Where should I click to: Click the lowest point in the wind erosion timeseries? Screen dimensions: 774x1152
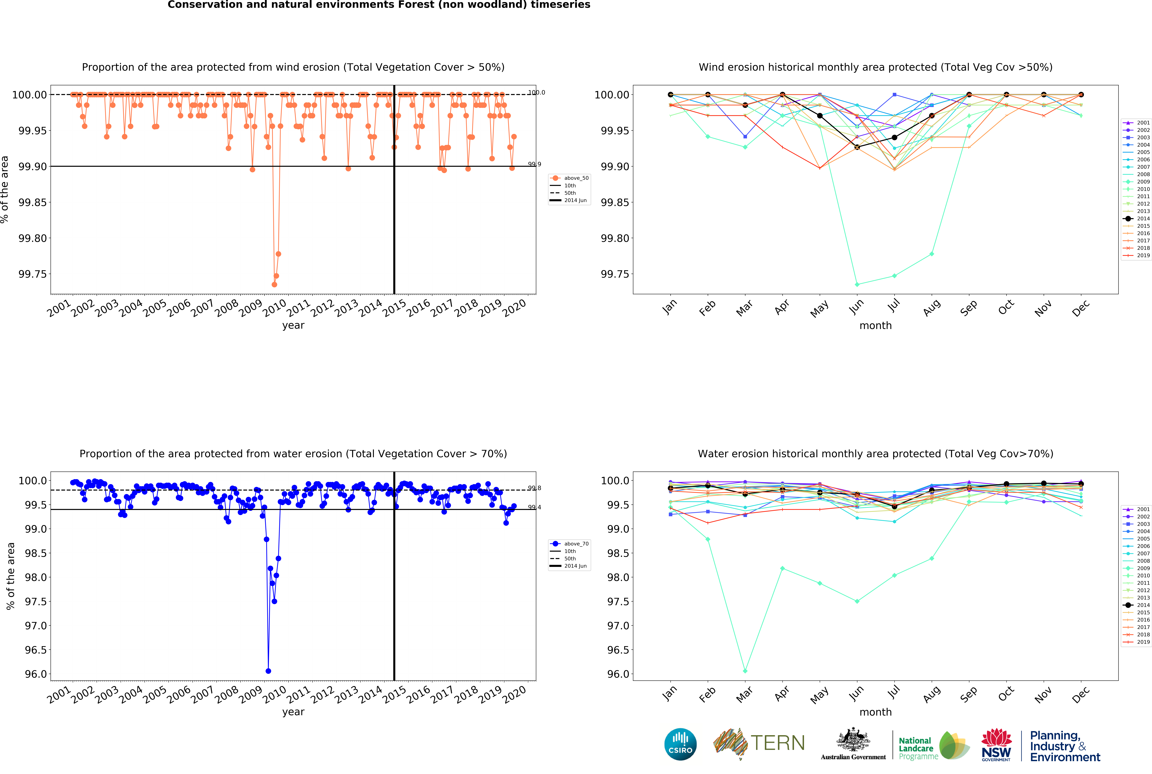[x=274, y=284]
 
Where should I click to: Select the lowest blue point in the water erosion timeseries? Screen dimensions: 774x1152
[x=268, y=671]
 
